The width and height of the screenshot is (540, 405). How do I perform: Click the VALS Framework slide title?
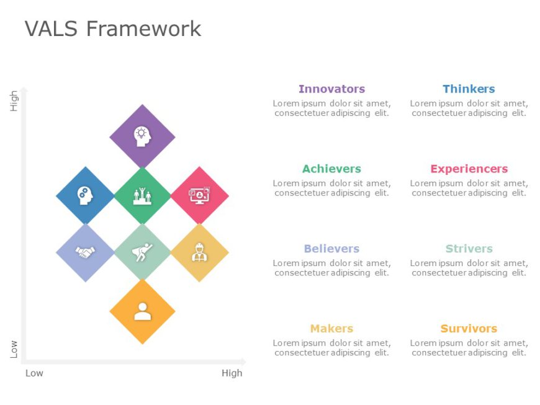tap(112, 29)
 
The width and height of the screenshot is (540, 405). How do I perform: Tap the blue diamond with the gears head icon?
tap(85, 195)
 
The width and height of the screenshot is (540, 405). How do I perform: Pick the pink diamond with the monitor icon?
tap(199, 195)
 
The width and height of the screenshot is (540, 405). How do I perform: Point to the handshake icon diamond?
tap(85, 252)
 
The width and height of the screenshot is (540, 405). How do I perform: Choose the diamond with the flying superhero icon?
tap(142, 252)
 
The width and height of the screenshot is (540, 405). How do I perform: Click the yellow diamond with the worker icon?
tap(199, 252)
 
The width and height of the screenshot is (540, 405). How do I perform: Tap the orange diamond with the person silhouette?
tap(142, 311)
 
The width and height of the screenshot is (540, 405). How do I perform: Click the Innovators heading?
tap(331, 89)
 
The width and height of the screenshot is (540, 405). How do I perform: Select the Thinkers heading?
tap(469, 89)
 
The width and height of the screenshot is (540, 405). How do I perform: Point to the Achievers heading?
tap(331, 169)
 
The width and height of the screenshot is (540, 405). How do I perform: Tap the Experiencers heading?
tap(469, 169)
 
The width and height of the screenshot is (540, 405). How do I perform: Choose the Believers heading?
tap(331, 249)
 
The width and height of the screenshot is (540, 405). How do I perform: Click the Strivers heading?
tap(469, 249)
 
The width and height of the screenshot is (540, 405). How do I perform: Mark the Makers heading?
tap(331, 329)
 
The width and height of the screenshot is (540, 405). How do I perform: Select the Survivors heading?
tap(469, 329)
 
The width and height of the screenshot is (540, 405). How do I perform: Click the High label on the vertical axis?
tap(14, 100)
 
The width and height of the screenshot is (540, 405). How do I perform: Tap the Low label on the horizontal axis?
tap(34, 373)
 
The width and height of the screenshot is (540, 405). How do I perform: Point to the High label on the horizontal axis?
tap(232, 373)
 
